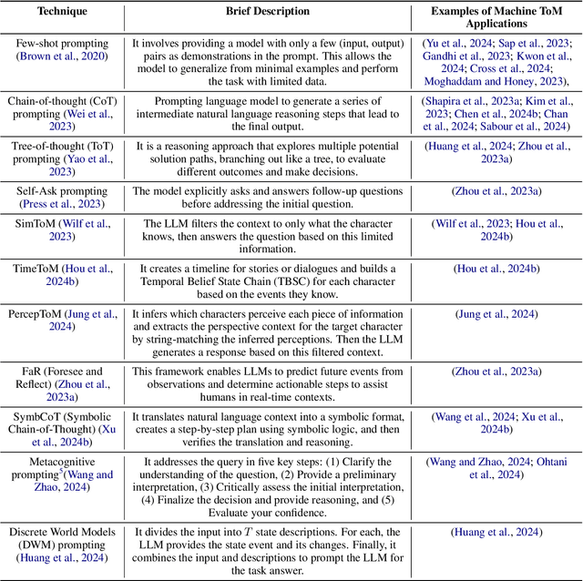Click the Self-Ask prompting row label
pyautogui.click(x=62, y=191)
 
